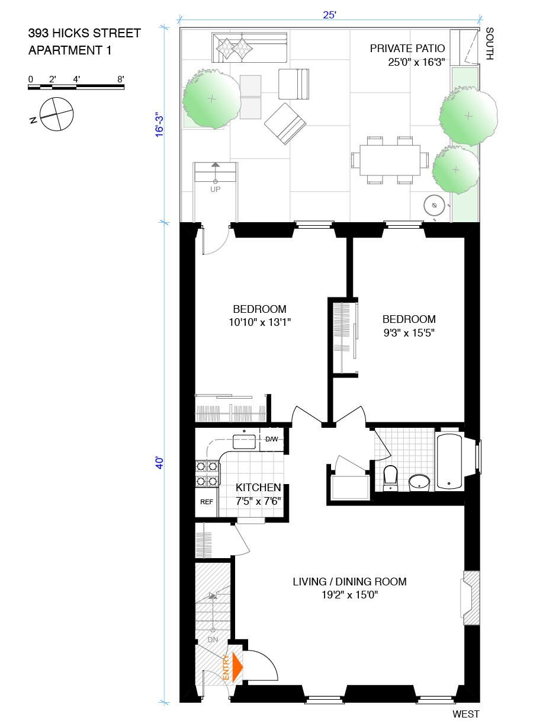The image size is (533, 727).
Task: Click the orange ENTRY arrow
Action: (x=237, y=667)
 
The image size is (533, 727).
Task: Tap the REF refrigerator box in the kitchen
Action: (x=206, y=502)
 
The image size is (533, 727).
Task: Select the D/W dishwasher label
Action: (x=271, y=439)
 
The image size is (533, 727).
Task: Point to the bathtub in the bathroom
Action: (x=449, y=461)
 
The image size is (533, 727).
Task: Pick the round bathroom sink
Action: (x=419, y=483)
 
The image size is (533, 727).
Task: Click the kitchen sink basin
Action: (x=244, y=441)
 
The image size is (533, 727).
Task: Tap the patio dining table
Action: (x=390, y=160)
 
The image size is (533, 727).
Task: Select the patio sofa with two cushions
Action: (x=249, y=47)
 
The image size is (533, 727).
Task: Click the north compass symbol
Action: (x=56, y=114)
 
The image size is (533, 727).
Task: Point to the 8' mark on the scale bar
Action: (x=121, y=79)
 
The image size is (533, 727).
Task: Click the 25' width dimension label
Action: (x=330, y=15)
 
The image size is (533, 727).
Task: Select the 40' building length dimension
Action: (x=159, y=463)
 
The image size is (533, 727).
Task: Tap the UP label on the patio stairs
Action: (x=216, y=189)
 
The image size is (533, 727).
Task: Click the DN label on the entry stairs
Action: (x=213, y=639)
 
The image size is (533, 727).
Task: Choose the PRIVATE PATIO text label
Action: (x=407, y=49)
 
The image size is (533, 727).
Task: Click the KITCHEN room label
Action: (x=258, y=488)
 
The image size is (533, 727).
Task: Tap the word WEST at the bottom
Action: (x=466, y=714)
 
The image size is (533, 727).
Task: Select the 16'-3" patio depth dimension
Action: (x=159, y=124)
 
